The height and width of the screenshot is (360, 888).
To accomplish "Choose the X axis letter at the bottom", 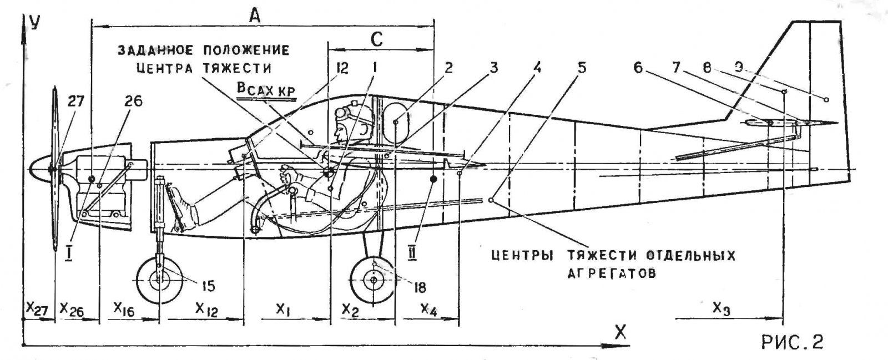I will click(620, 332).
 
